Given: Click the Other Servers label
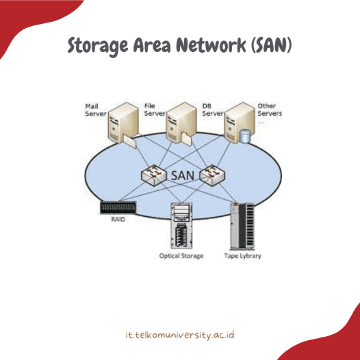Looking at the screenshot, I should click(x=269, y=114).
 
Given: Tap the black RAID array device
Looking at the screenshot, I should click(x=116, y=206).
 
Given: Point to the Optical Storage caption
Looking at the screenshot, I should click(x=181, y=256).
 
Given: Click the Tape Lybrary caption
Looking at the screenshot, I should click(x=243, y=256).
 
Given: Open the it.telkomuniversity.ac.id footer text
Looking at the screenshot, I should click(x=181, y=335).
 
